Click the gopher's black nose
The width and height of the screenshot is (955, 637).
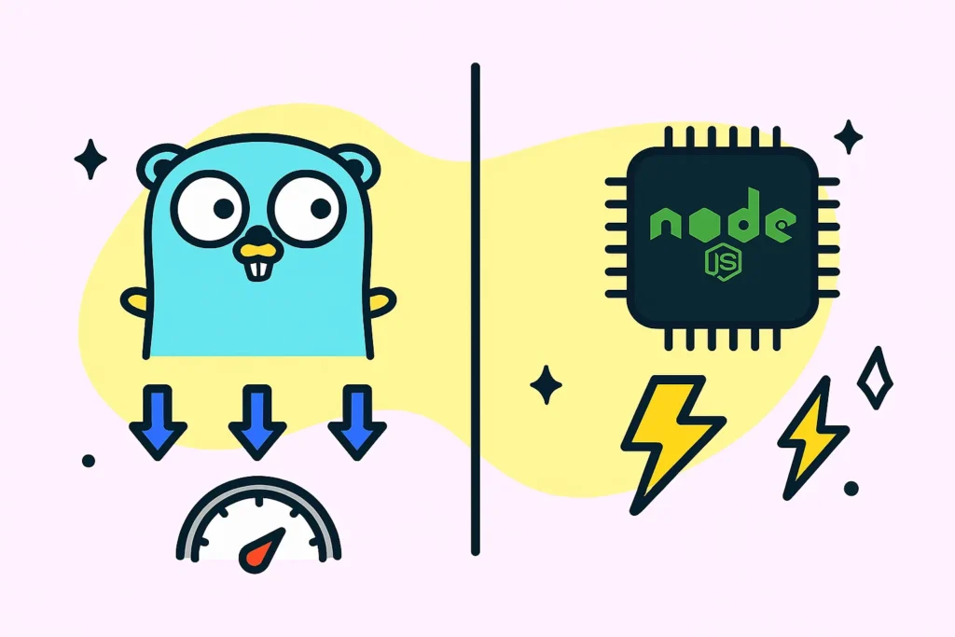tap(259, 236)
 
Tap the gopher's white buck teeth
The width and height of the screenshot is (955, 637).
tap(258, 269)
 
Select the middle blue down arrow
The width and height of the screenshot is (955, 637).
tap(257, 422)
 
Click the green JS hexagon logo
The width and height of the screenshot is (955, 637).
tap(723, 263)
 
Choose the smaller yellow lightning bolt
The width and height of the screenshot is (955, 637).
tap(812, 437)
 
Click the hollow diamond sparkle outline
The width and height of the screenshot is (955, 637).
tap(875, 378)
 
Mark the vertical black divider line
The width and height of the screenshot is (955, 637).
tap(475, 310)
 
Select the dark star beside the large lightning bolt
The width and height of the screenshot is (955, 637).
tap(546, 384)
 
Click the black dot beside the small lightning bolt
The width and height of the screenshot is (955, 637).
tap(851, 488)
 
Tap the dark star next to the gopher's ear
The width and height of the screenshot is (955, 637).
tap(90, 159)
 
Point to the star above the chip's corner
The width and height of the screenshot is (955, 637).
tap(848, 137)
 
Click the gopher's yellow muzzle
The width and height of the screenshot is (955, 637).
tap(259, 252)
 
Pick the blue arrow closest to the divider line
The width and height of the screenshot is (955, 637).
tap(357, 422)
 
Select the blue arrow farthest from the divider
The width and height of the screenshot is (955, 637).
tap(158, 422)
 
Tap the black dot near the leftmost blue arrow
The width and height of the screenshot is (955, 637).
tap(89, 461)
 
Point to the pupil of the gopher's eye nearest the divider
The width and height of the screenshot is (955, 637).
tap(321, 208)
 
